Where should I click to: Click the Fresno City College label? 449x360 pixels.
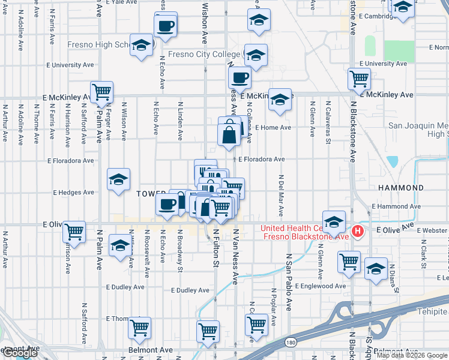[x=204, y=55]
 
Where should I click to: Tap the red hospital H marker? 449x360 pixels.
[x=358, y=231]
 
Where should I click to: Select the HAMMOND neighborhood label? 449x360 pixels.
[x=401, y=188]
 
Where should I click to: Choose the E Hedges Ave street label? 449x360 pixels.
[x=74, y=193]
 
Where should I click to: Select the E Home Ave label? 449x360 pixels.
[x=273, y=128]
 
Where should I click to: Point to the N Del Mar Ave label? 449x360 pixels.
[x=280, y=197]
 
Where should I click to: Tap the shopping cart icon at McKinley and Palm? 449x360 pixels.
[x=102, y=92]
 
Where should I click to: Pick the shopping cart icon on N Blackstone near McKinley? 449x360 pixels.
[x=359, y=78]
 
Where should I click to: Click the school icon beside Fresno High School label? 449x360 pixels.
[x=142, y=46]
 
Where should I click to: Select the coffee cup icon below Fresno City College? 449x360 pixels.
[x=240, y=77]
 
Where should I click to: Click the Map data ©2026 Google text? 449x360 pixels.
[x=412, y=355]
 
